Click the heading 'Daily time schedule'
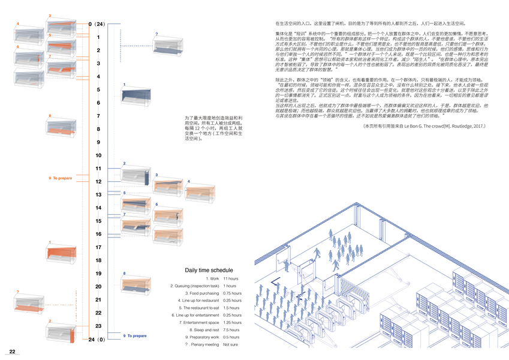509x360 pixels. pos(209,271)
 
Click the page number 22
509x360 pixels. pos(12,351)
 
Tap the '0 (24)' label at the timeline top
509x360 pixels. pos(97,24)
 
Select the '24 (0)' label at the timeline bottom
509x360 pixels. pos(97,340)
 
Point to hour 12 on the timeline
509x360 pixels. pos(98,182)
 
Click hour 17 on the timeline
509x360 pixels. pos(98,247)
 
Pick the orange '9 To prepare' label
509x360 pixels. pos(60,178)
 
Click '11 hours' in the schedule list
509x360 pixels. pos(231,279)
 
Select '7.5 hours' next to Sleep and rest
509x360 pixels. pos(231,329)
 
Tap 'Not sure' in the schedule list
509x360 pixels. pos(231,344)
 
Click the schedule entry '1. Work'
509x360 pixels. pos(212,279)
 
